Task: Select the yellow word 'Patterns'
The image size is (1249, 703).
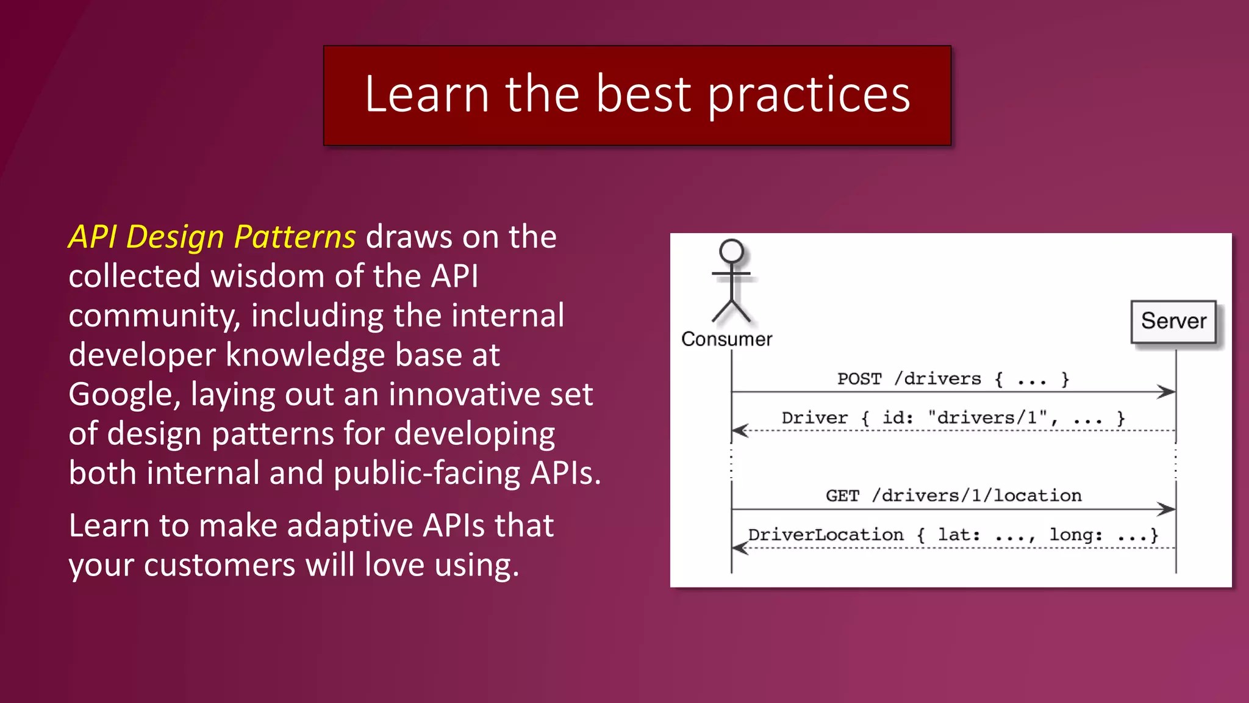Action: point(295,237)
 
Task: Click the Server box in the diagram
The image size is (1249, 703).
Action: point(1173,322)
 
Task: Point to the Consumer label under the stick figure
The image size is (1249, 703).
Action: point(726,339)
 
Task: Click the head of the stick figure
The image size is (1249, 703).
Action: point(731,251)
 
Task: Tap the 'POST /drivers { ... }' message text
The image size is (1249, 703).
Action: point(953,380)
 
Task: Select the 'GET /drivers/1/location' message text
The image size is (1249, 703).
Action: point(954,496)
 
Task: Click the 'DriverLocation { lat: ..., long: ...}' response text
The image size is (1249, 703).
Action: point(953,535)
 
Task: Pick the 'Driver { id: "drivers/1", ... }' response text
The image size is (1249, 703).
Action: point(953,418)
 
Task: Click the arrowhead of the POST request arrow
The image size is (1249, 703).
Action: point(1167,392)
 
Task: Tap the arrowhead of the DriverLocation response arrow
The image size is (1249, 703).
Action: point(740,548)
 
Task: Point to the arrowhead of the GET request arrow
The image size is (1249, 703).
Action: point(1167,509)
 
